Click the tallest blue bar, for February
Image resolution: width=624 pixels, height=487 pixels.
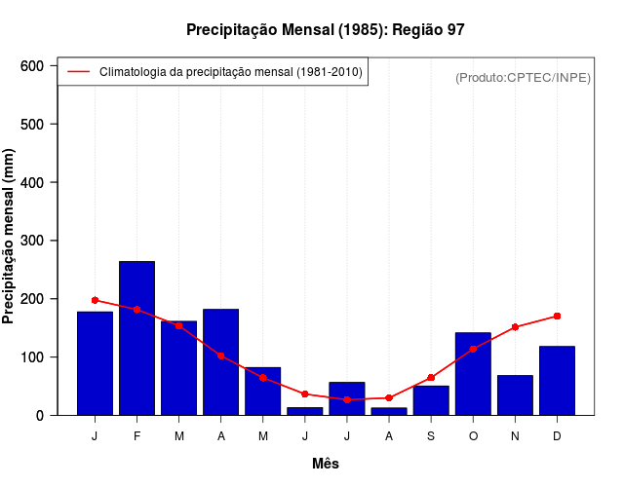(x=136, y=338)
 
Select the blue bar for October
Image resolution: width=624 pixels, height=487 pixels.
(x=473, y=374)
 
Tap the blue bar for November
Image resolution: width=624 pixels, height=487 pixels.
(x=515, y=395)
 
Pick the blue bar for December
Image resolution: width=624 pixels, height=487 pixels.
(x=557, y=381)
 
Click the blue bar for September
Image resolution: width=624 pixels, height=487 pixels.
(x=431, y=400)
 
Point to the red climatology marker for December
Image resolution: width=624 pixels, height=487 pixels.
(x=557, y=316)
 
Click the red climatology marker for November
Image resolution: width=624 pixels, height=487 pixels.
(x=515, y=327)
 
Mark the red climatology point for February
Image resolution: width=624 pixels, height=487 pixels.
(x=136, y=310)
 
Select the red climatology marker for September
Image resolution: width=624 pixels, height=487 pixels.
(x=431, y=378)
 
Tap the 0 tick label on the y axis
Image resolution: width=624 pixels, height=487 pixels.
(x=39, y=416)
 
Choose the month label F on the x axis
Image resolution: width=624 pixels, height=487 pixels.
(x=136, y=436)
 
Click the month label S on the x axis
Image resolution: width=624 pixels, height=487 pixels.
(x=431, y=436)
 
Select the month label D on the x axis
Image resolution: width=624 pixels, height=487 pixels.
(x=557, y=436)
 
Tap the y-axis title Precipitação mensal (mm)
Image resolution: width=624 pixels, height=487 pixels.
(x=10, y=237)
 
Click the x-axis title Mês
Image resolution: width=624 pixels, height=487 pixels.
(x=326, y=464)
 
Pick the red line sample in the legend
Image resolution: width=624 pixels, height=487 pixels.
(x=79, y=72)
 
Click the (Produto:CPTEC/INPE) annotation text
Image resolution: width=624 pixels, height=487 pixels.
(x=523, y=77)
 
